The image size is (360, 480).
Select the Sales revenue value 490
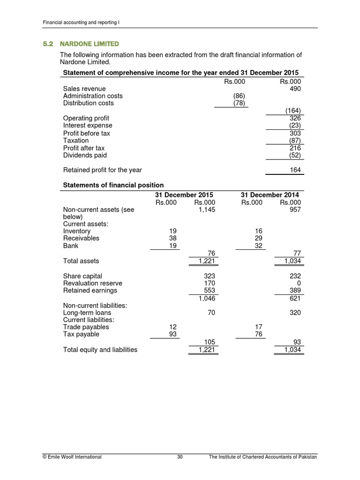point(295,89)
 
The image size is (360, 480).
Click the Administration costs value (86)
point(239,96)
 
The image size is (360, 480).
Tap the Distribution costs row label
point(88,103)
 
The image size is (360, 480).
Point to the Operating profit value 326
point(295,119)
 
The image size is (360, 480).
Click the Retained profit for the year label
point(102,170)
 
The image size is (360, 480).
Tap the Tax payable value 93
point(172,334)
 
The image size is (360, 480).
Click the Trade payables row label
point(86,327)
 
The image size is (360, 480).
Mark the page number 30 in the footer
point(180,457)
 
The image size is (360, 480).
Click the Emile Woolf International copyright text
point(72,457)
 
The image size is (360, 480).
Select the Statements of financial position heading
point(113,185)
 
